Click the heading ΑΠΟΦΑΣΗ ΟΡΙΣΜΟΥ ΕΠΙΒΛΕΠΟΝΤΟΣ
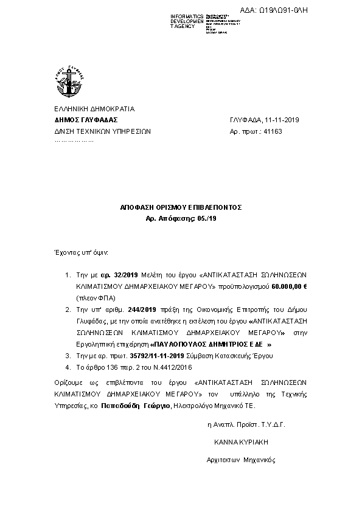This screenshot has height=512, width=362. coord(181,207)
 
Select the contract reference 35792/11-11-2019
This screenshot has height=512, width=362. coord(157,355)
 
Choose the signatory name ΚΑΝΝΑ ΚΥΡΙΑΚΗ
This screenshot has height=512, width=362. coord(241,441)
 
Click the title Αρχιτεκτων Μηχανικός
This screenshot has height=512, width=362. coord(242,460)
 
